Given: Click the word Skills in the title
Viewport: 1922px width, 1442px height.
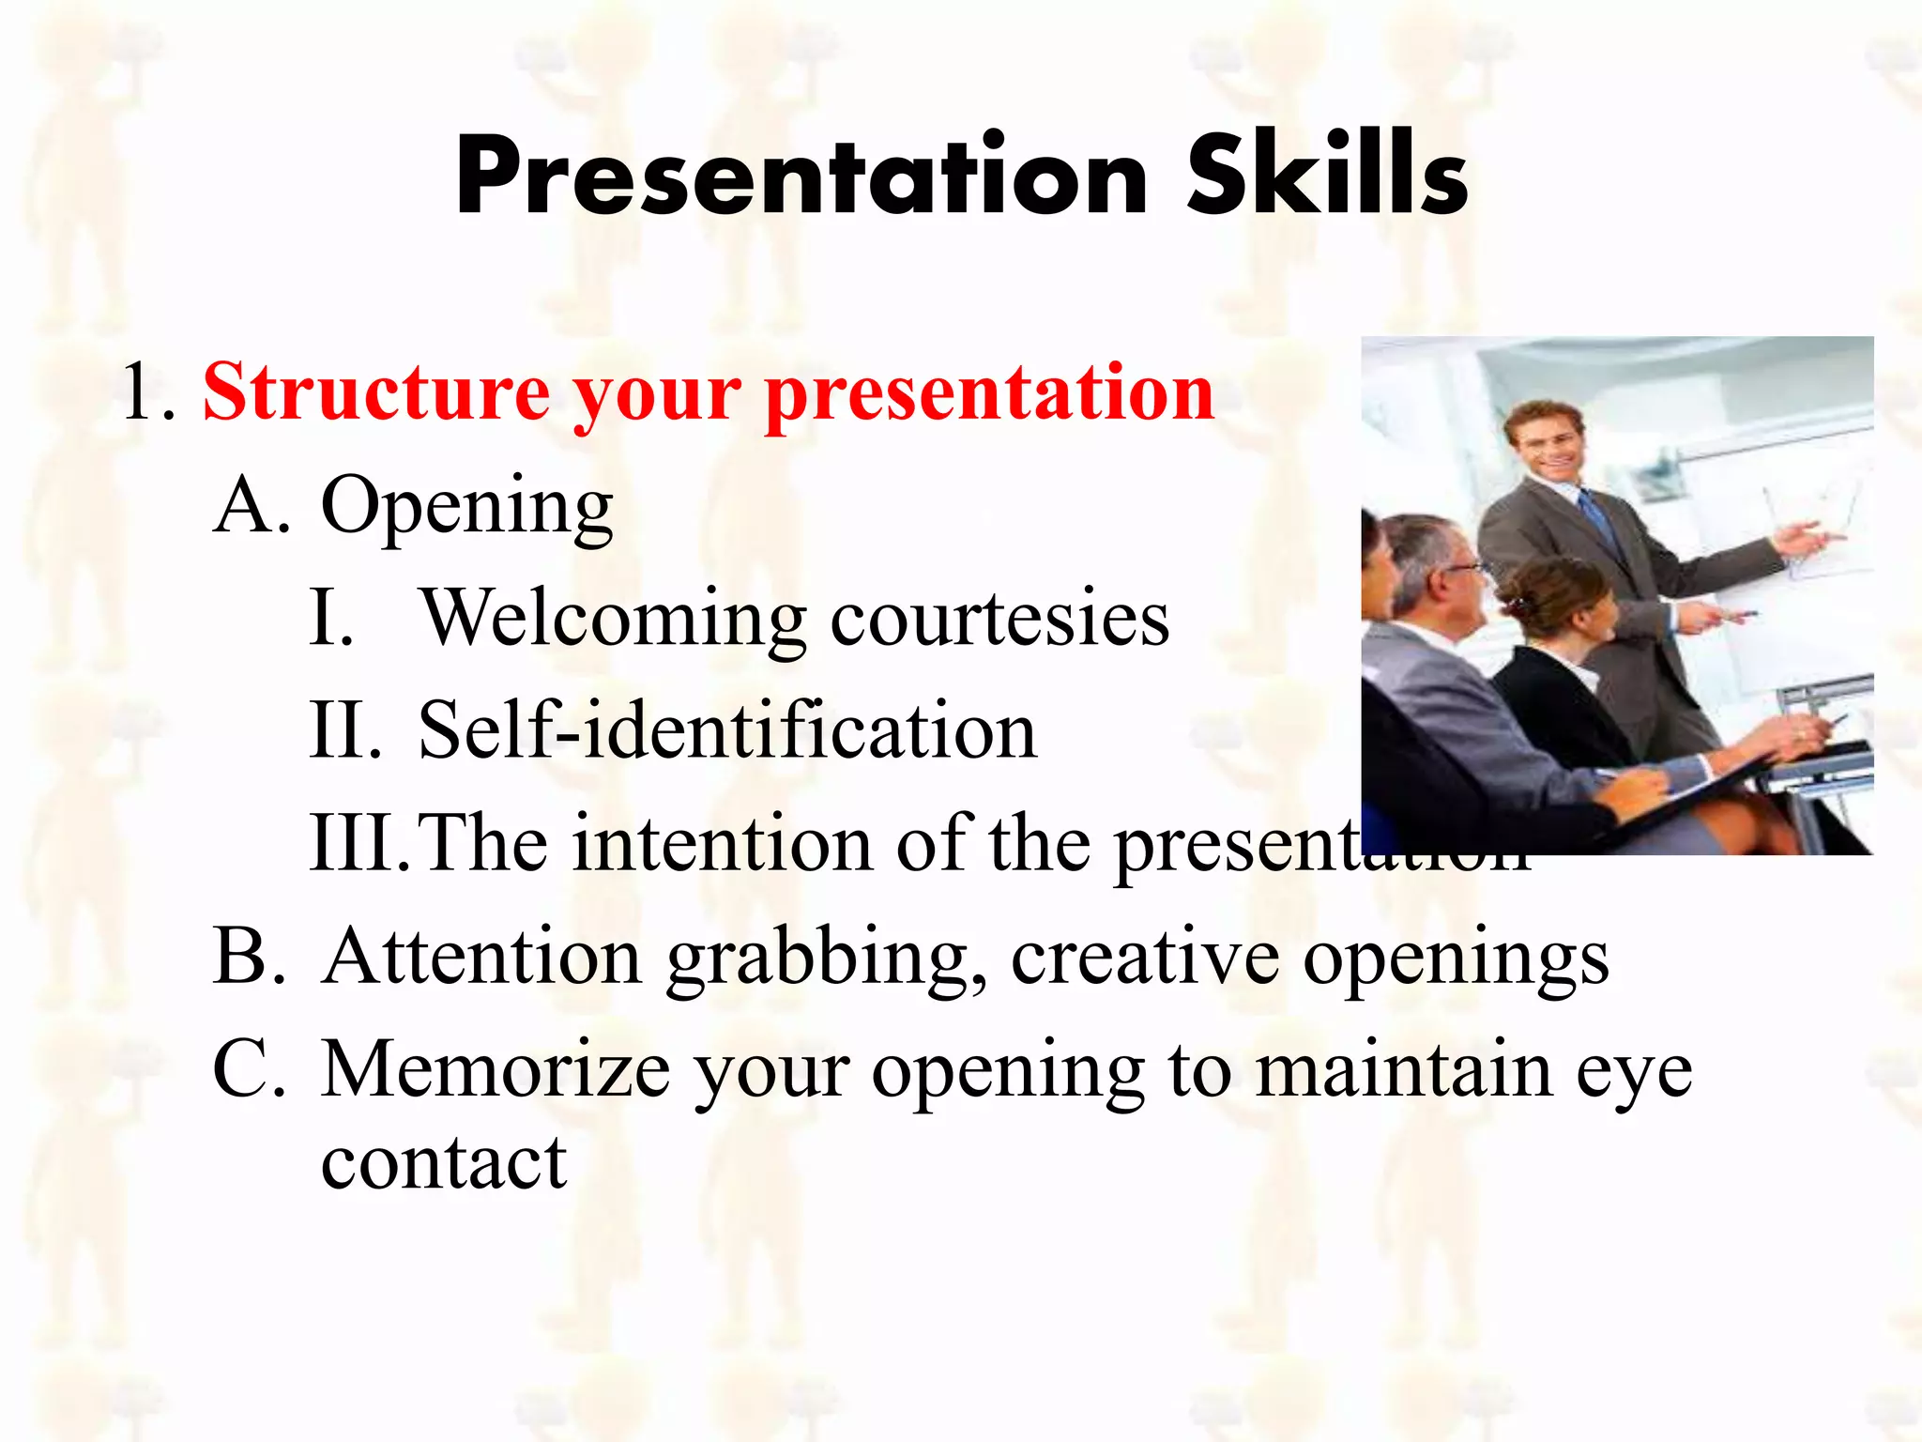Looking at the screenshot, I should coord(1327,176).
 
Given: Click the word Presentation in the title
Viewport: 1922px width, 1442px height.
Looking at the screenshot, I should coord(801,176).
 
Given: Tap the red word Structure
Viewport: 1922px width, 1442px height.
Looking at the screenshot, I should coord(375,392).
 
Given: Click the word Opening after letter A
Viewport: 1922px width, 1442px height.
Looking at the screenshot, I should coord(466,508).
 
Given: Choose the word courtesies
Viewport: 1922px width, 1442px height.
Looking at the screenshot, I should coord(999,621).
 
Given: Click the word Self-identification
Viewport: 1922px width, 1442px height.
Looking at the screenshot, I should coord(727,731).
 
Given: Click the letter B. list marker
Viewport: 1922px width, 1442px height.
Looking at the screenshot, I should coord(249,957).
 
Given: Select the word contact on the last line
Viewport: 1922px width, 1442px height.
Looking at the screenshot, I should coord(444,1163).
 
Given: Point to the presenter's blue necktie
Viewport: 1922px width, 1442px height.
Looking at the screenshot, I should coord(1599,522).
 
